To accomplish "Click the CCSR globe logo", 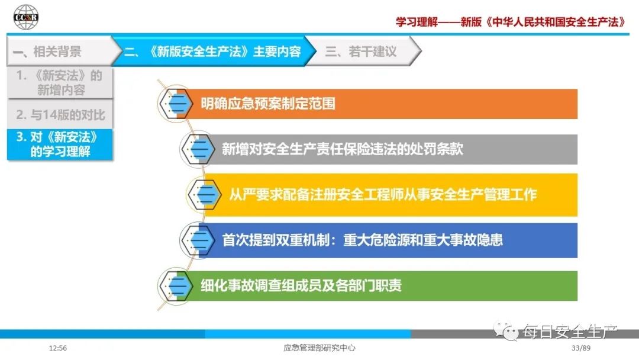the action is point(25,17).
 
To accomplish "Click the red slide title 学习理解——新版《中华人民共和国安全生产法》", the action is point(511,21).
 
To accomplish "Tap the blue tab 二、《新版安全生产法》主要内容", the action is point(213,52).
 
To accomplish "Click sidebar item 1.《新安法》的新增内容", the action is point(60,83).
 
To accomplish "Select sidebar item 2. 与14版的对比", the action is point(60,114).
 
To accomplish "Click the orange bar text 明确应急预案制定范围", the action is point(268,104).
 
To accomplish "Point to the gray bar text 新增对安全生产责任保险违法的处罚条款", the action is point(343,149).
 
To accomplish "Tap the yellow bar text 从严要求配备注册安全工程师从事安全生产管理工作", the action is point(383,194).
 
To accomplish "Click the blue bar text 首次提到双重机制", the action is point(276,240).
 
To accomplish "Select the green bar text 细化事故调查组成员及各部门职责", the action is point(301,285).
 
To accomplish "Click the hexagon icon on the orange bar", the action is point(175,104).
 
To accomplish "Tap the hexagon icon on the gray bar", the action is point(197,149).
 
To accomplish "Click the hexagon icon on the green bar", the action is point(175,285).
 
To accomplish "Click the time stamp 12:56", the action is point(58,348).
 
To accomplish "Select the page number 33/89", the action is point(581,348).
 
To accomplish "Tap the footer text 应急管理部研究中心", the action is point(319,348).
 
